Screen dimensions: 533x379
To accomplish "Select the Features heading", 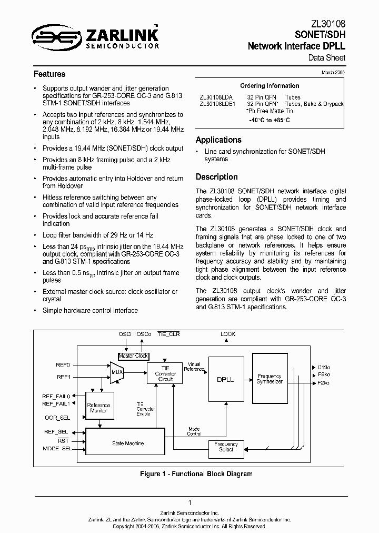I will (49, 74).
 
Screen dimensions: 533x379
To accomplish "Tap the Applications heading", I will (218, 140).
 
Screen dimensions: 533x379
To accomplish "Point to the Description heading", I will (217, 177).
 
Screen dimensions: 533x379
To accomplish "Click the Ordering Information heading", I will (270, 86).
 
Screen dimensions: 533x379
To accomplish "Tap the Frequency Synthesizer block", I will (270, 378).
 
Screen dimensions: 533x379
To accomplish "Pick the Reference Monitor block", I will (98, 408).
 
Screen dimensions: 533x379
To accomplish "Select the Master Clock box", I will (133, 356).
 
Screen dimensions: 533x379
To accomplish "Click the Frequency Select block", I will (226, 447).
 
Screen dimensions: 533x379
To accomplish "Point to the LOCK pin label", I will (228, 334).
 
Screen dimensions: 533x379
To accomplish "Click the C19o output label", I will (324, 367).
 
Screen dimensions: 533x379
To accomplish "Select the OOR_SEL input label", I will (57, 418).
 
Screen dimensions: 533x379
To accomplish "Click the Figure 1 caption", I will (196, 474).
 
